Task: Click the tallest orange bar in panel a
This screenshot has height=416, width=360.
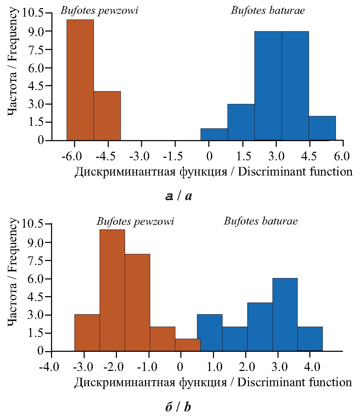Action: (80, 80)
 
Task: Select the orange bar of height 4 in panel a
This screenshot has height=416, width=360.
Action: (107, 116)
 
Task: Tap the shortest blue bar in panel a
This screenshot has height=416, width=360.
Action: (214, 134)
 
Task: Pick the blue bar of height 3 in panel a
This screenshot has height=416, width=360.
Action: (241, 122)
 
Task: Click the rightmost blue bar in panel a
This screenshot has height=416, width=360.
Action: (322, 128)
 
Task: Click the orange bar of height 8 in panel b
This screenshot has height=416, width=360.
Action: (137, 303)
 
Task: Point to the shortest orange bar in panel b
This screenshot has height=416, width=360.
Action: (188, 345)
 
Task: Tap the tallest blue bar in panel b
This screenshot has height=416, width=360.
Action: (285, 315)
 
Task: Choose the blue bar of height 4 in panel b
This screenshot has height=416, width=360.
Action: (260, 327)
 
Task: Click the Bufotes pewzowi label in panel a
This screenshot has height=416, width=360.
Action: (99, 10)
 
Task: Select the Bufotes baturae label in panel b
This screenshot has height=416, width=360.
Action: (261, 221)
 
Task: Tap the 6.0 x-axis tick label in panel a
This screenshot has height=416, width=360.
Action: (343, 156)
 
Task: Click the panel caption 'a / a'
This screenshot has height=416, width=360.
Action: (179, 196)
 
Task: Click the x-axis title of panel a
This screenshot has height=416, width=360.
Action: (213, 172)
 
